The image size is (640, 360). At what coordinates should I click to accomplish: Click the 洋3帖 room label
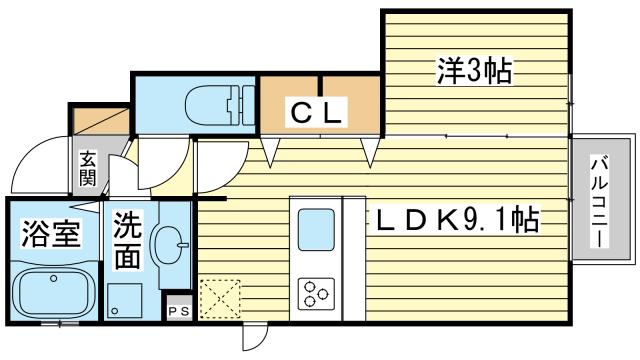point(474,71)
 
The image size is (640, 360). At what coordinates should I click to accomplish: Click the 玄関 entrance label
point(89,168)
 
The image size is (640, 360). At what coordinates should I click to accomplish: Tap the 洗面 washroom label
point(126,240)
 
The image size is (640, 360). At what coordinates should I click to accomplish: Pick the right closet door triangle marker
point(371,152)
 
